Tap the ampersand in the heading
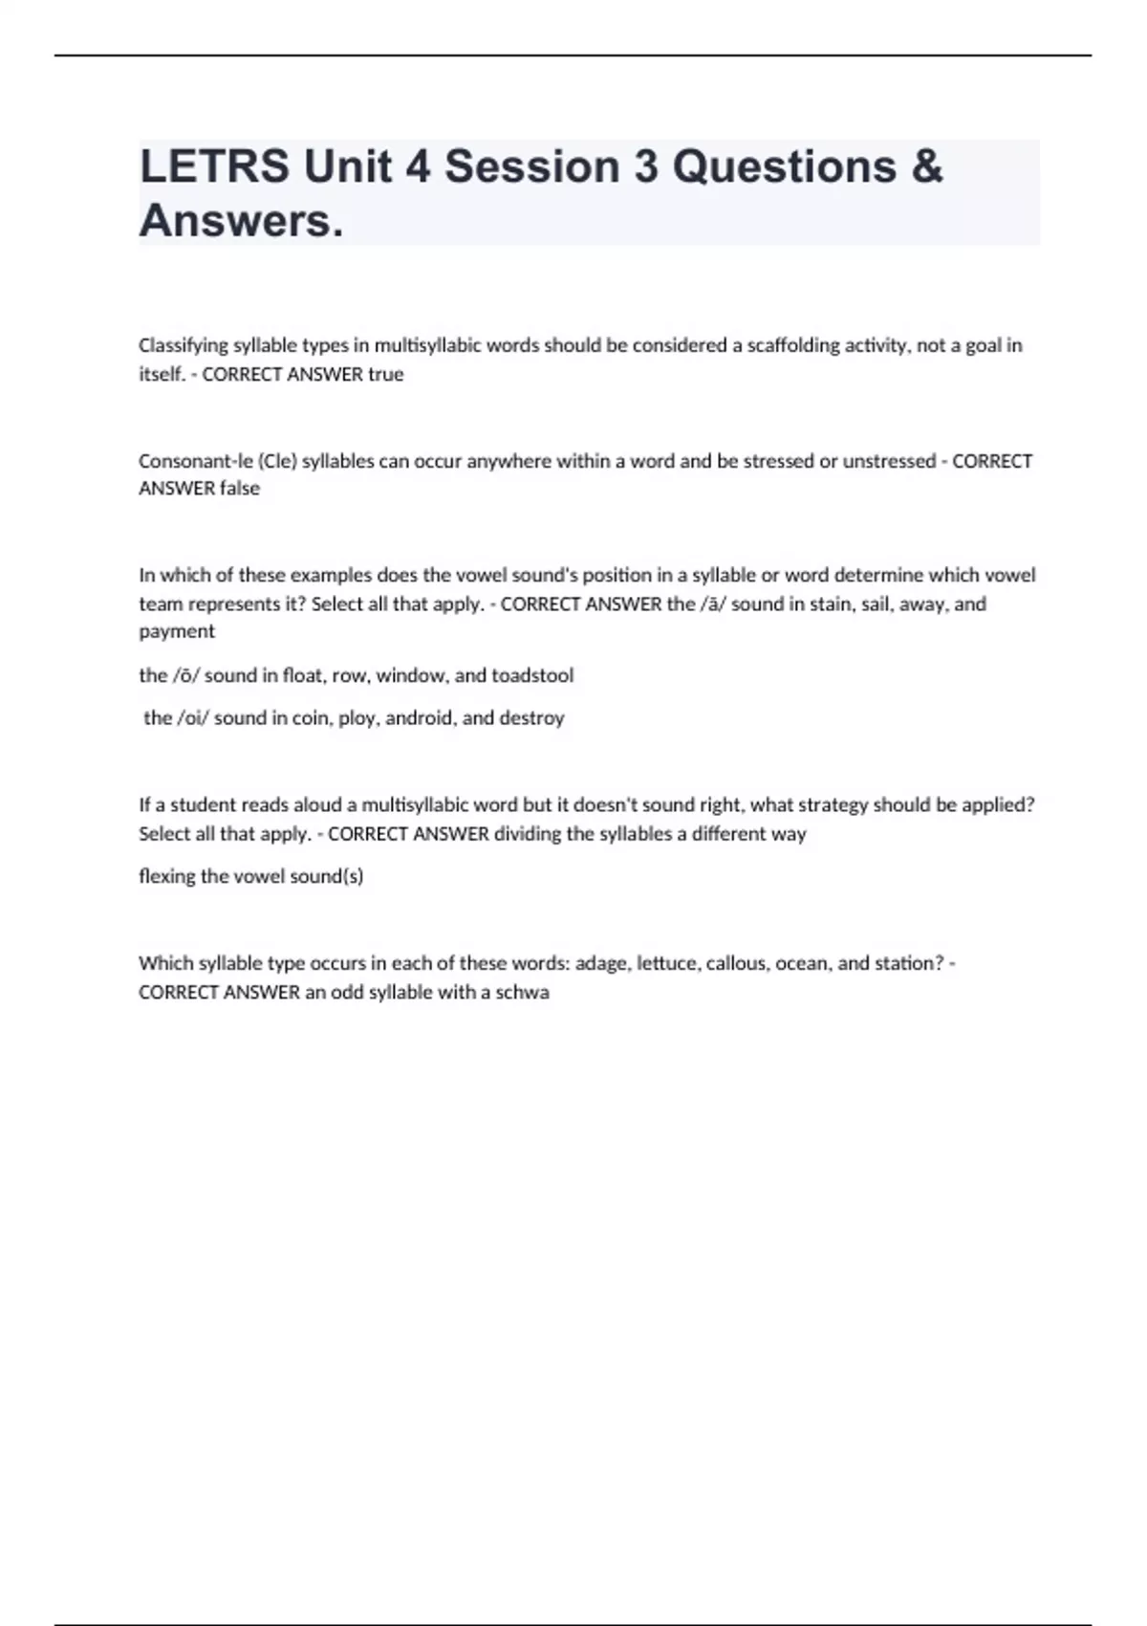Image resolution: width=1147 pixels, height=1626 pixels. coord(926,166)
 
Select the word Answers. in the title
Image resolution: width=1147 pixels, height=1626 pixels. coord(241,221)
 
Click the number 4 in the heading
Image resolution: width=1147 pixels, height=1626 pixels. coord(418,166)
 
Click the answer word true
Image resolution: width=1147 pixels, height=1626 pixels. coord(386,374)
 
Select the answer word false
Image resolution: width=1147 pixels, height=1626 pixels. coord(240,488)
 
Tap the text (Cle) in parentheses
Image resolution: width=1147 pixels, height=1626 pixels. coord(277,461)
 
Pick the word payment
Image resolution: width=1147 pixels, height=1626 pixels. coord(177,631)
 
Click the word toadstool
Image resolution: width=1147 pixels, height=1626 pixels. coord(532,675)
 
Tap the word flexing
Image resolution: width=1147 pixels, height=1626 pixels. coord(166,876)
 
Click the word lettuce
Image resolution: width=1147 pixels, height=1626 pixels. coord(666,963)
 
